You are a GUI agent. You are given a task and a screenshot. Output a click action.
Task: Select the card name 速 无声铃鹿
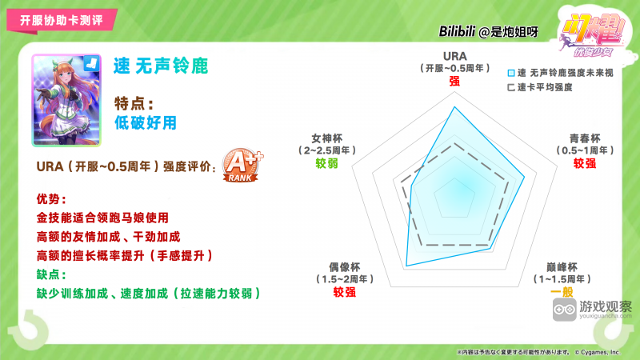click(x=161, y=66)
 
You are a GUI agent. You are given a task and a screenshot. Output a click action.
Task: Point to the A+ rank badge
click(x=242, y=165)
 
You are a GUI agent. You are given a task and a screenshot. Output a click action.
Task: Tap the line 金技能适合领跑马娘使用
click(x=103, y=218)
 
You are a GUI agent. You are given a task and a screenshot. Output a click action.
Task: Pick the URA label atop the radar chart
click(x=454, y=55)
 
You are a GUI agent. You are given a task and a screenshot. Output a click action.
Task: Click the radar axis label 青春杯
click(x=585, y=137)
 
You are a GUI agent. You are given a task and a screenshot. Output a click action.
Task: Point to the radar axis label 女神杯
click(x=326, y=137)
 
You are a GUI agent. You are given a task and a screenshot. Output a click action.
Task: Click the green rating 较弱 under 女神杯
click(x=326, y=163)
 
